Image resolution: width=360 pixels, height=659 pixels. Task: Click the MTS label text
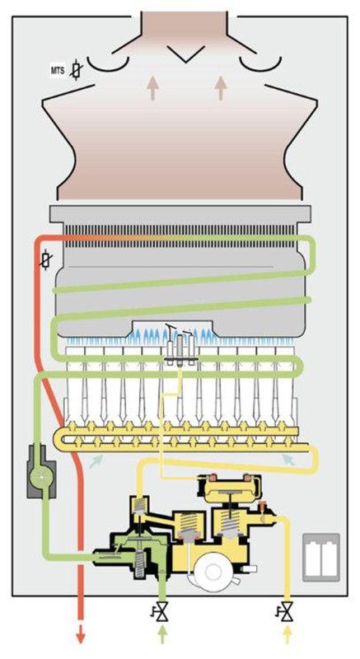[x=58, y=71]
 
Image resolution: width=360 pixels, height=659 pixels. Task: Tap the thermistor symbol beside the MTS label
[x=76, y=70]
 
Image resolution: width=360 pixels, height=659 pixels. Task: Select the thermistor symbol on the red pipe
[x=46, y=260]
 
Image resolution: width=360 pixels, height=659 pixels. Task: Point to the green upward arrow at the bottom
[x=162, y=634]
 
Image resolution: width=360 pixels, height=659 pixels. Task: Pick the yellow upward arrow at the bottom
[x=288, y=634]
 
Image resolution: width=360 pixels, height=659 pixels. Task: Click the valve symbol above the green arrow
[x=161, y=610]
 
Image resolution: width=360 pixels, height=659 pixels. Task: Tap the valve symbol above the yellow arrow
[x=286, y=610]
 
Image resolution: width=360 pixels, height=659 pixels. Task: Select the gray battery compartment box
[x=321, y=558]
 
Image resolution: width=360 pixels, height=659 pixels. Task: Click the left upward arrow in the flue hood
[x=152, y=89]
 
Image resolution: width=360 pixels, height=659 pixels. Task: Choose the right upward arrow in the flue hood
[x=221, y=89]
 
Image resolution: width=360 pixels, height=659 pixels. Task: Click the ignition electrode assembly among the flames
[x=180, y=345]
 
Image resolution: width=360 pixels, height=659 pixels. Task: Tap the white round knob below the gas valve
[x=213, y=571]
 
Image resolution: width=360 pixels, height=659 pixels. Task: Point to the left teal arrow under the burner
[x=96, y=461]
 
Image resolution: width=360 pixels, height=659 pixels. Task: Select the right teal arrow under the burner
[x=288, y=460]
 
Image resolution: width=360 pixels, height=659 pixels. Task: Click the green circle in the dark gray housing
[x=41, y=476]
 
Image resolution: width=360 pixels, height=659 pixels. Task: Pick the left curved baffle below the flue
[x=108, y=64]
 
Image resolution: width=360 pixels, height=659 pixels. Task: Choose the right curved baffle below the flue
[x=260, y=64]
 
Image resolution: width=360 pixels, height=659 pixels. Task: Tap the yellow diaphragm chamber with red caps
[x=229, y=488]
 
